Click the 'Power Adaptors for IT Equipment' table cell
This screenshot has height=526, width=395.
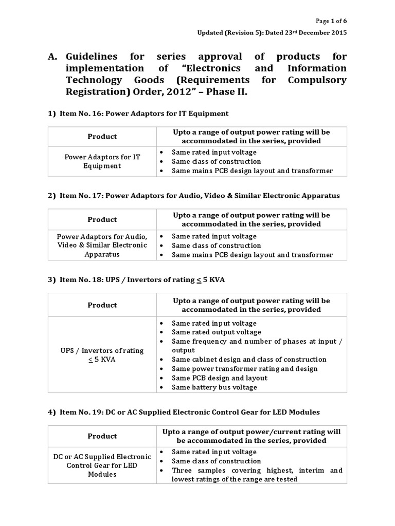tap(102, 161)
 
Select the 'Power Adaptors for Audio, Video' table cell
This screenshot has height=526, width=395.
tap(102, 246)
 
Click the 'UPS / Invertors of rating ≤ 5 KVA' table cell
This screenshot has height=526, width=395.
tap(102, 355)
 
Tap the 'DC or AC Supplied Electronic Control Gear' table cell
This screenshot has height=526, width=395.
tap(102, 465)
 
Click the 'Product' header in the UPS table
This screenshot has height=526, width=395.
tap(102, 305)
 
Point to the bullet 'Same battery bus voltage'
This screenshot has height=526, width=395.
tap(214, 387)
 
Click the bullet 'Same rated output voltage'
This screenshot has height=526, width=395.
tap(216, 332)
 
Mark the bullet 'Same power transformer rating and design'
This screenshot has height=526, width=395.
tap(244, 369)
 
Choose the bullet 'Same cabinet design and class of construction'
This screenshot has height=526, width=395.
tap(249, 360)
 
